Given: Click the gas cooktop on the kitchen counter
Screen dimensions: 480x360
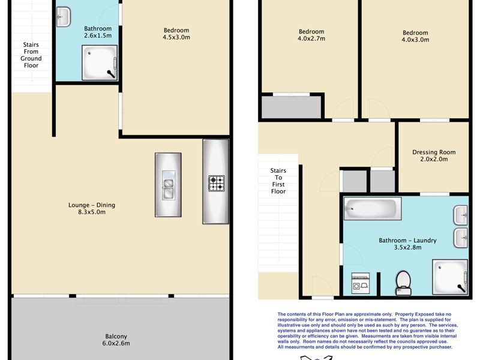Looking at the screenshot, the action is pos(217,184).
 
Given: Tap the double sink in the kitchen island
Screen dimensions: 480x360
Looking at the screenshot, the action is pos(169,185).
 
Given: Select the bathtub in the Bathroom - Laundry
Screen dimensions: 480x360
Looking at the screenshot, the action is pos(372,208).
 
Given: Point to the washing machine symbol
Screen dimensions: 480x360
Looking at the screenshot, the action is pos(361,283).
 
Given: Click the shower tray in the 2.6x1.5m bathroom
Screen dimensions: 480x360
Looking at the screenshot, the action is pos(100,63).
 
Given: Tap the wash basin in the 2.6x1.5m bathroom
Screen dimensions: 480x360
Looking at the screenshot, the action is pos(64,17).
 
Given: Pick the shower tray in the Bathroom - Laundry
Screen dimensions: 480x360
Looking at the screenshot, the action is pos(450,277).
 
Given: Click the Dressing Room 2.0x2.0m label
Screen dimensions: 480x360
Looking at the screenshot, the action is pos(434,155).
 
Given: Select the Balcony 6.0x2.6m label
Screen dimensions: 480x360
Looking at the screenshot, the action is pos(116,340).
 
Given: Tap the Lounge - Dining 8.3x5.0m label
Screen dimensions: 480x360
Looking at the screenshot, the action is pos(92,208).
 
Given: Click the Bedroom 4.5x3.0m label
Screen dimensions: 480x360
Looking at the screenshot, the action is pos(176,34).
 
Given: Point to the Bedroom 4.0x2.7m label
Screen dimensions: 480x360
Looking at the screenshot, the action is pos(311,35).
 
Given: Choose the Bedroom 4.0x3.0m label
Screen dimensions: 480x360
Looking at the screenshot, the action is pos(415,36).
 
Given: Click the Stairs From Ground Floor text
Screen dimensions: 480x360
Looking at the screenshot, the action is pos(31,55).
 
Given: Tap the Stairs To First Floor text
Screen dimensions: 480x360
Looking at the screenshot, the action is pos(278,181).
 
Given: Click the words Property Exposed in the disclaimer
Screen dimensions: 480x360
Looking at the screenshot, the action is pos(415,314).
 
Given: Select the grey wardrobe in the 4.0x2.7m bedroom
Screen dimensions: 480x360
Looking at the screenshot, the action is pos(292,107).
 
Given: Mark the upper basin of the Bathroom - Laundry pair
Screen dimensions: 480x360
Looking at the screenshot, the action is pos(460,215).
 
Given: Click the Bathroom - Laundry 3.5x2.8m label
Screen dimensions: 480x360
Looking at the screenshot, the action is pos(407,244).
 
